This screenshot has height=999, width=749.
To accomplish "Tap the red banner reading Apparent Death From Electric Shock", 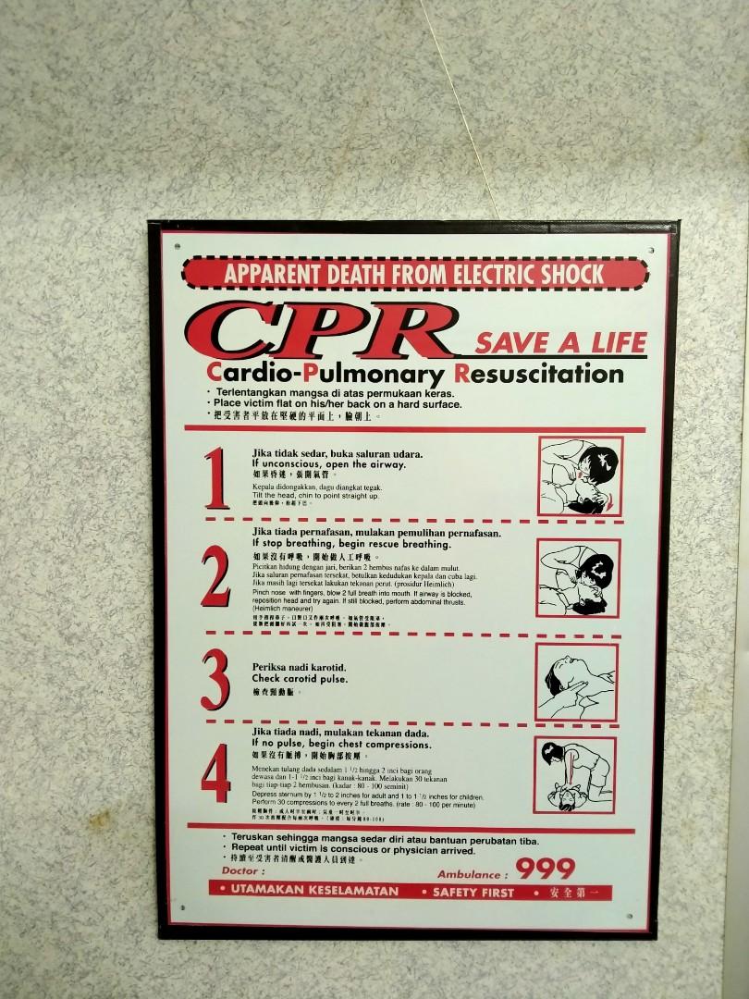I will [x=414, y=274].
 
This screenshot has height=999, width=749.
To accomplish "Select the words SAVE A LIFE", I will [x=560, y=342].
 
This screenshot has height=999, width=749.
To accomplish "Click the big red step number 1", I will [x=216, y=478].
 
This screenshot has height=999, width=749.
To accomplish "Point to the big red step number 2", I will [x=215, y=577].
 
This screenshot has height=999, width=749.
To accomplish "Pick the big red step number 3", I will [x=215, y=679].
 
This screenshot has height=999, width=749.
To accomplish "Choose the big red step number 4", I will [x=215, y=779].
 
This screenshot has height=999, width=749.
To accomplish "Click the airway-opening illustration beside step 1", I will [x=580, y=476].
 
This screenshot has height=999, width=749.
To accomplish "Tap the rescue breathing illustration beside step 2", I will [x=578, y=577].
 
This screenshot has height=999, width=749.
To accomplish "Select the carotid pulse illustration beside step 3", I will [x=576, y=682].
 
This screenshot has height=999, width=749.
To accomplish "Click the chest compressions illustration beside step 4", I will [x=574, y=775].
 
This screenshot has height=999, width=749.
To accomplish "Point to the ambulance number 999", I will [x=546, y=869].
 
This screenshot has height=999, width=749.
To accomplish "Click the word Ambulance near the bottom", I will [x=473, y=874].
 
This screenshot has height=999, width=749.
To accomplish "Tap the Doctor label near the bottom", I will [x=243, y=870].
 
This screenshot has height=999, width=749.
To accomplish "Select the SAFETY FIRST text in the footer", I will [x=473, y=893].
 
